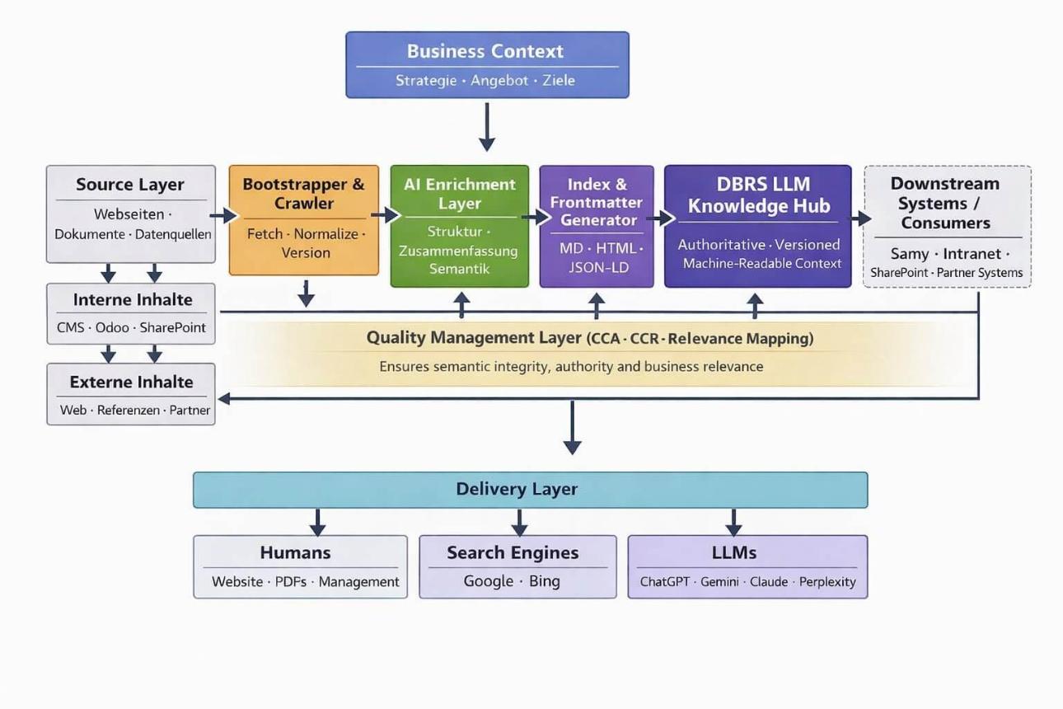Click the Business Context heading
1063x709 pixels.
pos(485,51)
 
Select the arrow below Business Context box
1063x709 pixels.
pos(487,127)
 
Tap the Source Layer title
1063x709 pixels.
pos(130,185)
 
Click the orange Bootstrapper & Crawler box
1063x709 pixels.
pos(303,219)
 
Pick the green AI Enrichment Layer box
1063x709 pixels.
pos(459,226)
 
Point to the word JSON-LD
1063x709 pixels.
pos(597,267)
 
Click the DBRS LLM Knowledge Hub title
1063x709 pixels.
pos(758,195)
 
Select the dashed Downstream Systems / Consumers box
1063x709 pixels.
pos(947,226)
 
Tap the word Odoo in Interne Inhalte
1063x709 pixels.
pos(112,327)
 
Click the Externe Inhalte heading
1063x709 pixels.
pos(131,382)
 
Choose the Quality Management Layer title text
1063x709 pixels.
pos(474,338)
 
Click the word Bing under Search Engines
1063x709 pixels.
pos(544,581)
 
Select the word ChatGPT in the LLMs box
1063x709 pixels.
pos(665,581)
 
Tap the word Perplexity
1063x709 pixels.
pos(827,581)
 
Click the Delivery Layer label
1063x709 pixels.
pos(517,489)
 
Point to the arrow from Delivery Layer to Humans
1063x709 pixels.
pos(317,522)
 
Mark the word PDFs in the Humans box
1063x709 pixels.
pos(290,581)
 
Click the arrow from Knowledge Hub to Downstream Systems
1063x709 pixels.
pos(860,218)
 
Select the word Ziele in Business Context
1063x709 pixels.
pos(558,81)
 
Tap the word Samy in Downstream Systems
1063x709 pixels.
pos(909,254)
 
